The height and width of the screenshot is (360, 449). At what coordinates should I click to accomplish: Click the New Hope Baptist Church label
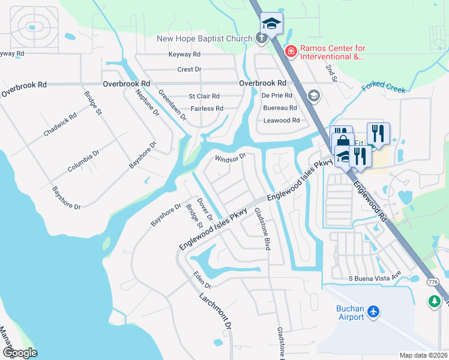[x=205, y=39]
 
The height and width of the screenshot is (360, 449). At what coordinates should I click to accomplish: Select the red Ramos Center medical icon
[x=291, y=52]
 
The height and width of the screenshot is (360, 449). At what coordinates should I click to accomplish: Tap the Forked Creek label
[x=384, y=88]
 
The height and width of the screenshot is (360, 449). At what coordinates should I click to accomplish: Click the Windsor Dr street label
[x=231, y=157]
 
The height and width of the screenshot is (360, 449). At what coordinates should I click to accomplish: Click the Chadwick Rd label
[x=60, y=124]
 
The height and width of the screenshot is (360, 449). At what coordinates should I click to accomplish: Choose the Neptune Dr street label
[x=147, y=102]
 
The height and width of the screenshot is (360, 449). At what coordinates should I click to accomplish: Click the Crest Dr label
[x=189, y=70]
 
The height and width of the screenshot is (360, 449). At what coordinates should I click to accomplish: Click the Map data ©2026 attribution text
[x=423, y=355]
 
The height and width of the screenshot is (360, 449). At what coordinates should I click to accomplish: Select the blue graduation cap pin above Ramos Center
[x=271, y=24]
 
